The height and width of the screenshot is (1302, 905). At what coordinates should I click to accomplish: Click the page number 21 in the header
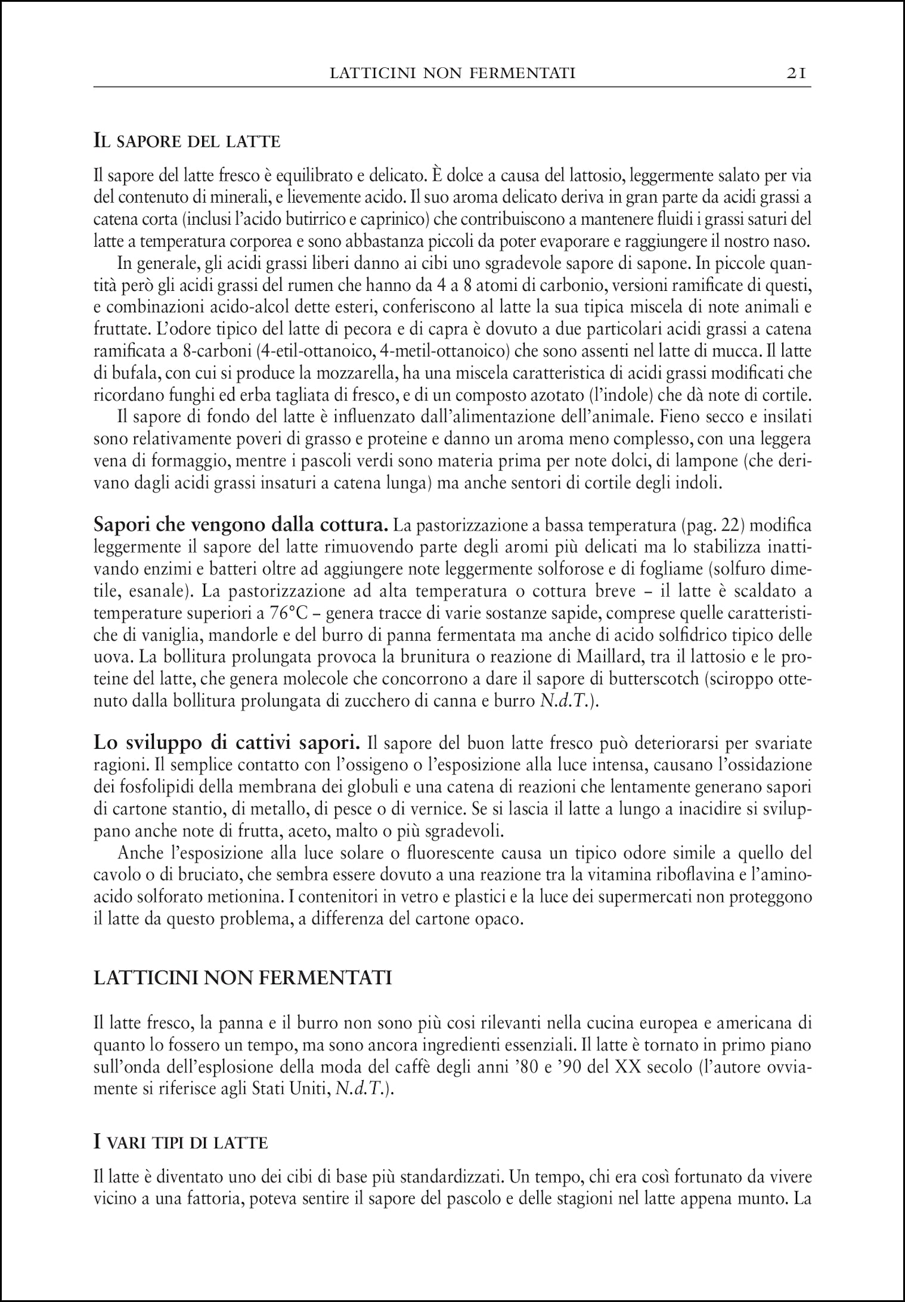[796, 73]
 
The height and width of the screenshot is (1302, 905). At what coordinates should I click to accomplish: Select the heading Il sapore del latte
[187, 142]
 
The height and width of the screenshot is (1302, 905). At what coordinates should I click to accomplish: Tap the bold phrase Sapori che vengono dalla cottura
[241, 526]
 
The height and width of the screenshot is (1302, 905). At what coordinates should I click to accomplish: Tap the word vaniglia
[142, 636]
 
